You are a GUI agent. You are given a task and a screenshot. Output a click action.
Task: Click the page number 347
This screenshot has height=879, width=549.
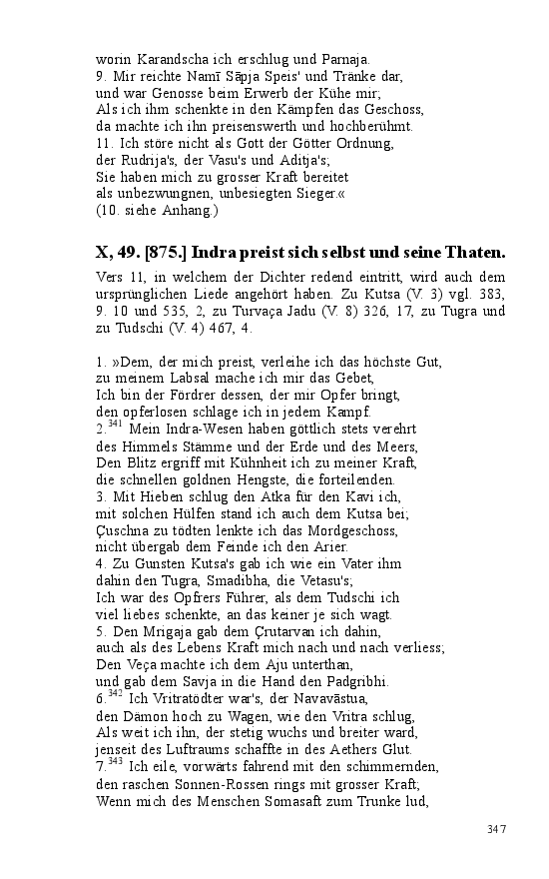pos(497,829)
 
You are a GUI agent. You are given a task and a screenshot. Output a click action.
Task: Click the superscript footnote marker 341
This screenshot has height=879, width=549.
pos(115,425)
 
